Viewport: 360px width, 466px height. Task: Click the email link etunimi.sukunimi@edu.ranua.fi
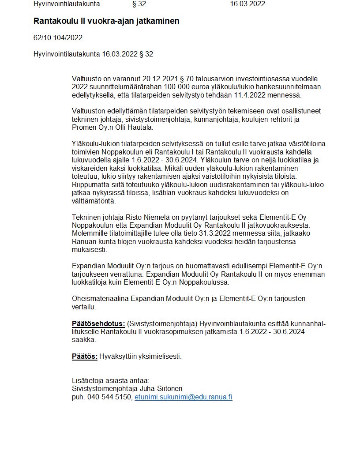183,397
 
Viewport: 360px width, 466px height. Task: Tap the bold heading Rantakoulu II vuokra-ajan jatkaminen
106,21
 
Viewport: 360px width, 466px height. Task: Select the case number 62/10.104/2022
58,38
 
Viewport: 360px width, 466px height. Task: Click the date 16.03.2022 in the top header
247,4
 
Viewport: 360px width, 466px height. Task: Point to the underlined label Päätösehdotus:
98,324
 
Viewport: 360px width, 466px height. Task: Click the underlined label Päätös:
85,356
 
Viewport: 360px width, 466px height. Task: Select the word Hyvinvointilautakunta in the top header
67,4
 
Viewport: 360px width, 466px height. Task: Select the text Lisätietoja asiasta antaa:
111,380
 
